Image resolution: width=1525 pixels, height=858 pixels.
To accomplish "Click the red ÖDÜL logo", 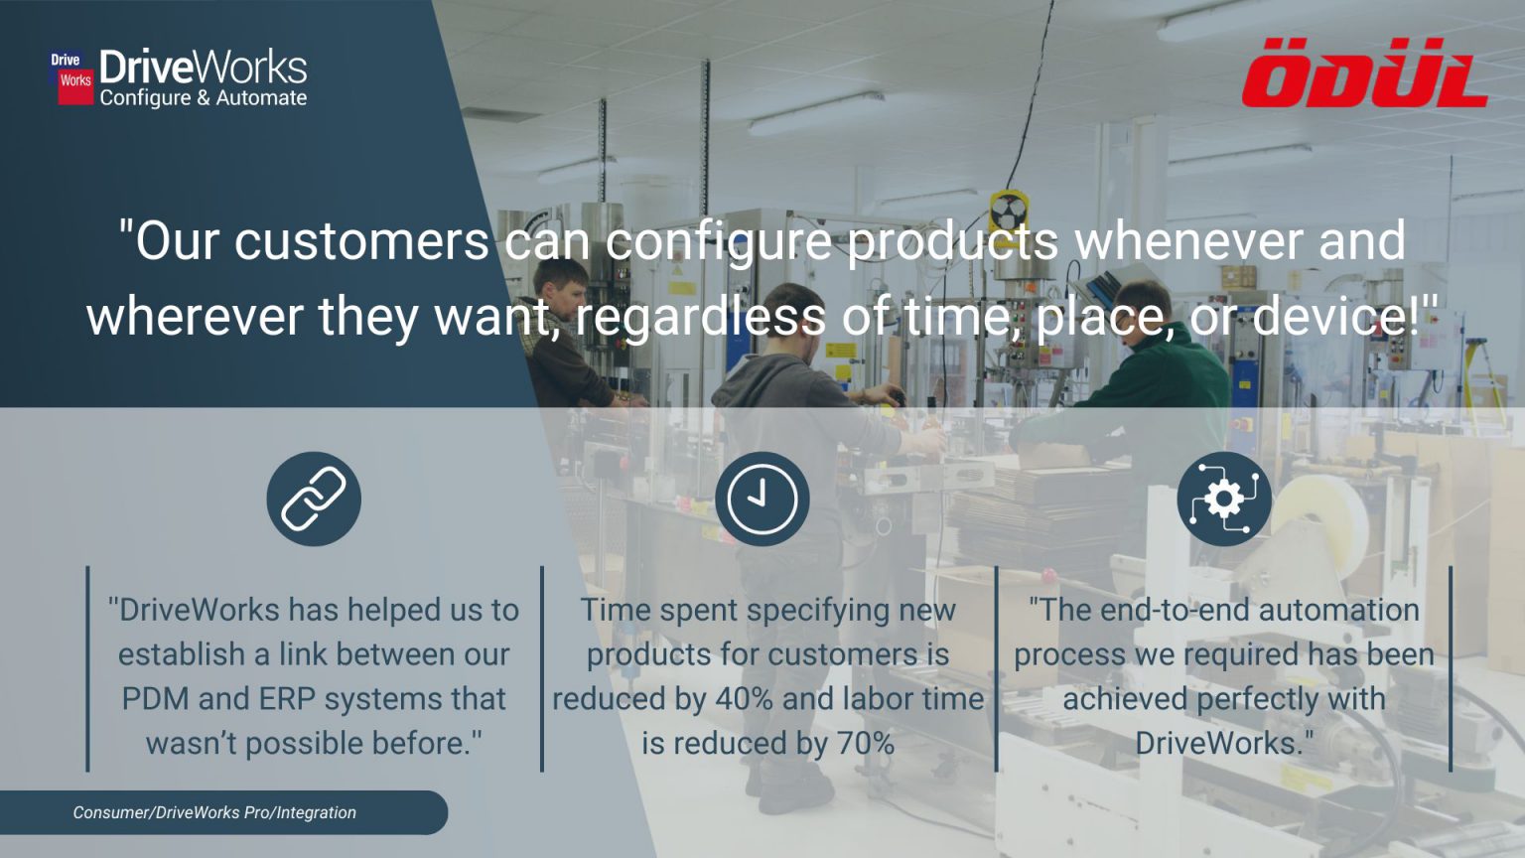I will pyautogui.click(x=1364, y=74).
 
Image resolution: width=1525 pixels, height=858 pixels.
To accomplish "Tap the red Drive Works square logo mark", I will pyautogui.click(x=71, y=78).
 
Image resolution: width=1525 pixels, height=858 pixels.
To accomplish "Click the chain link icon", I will pyautogui.click(x=314, y=499).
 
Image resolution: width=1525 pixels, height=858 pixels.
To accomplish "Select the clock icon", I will pyautogui.click(x=762, y=499).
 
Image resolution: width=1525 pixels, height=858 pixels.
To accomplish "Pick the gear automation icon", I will pyautogui.click(x=1224, y=499).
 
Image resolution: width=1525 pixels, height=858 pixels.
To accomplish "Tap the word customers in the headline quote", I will pyautogui.click(x=360, y=242).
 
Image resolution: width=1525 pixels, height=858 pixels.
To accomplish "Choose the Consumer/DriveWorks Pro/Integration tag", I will pyautogui.click(x=214, y=812).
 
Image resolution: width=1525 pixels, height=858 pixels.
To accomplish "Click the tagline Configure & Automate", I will pyautogui.click(x=204, y=98).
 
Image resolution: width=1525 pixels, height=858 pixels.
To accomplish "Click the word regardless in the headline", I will pyautogui.click(x=700, y=318).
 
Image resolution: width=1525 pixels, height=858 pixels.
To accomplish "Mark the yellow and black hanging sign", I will pyautogui.click(x=1008, y=212).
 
